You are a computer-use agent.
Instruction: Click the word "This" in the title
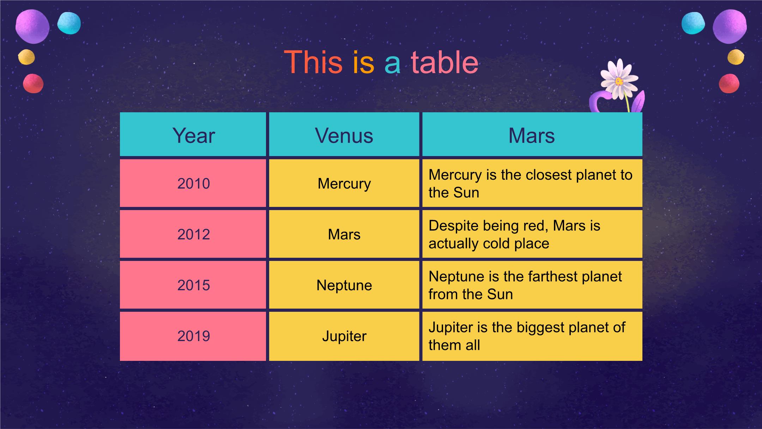tap(313, 62)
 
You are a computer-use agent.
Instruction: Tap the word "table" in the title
tap(445, 62)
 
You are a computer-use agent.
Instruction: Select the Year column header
tap(193, 134)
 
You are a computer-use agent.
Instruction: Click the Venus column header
tap(344, 134)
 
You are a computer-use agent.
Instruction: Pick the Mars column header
tap(532, 134)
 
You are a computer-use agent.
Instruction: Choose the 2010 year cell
tap(193, 183)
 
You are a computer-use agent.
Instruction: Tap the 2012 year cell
tap(193, 234)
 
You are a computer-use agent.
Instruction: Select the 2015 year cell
tap(193, 285)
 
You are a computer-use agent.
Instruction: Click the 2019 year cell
tap(193, 336)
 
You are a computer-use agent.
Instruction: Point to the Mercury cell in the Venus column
tap(344, 183)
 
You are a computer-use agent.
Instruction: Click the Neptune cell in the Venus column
tap(344, 285)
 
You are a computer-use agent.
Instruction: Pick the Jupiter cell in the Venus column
tap(344, 336)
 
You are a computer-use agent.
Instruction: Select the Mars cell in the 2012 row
tap(344, 234)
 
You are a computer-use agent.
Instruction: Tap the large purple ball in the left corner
tap(32, 26)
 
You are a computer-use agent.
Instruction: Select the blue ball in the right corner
tap(693, 23)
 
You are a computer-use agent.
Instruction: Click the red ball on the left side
tap(33, 84)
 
